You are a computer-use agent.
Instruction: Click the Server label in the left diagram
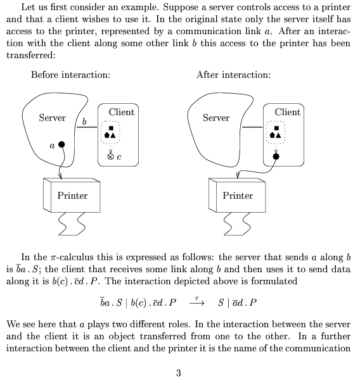tap(52, 118)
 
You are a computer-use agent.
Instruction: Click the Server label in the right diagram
tap(216, 118)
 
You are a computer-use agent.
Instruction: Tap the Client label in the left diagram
tap(122, 112)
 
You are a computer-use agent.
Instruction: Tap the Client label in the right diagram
tap(287, 112)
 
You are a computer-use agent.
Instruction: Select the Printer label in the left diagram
tap(72, 196)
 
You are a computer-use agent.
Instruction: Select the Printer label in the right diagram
tap(238, 196)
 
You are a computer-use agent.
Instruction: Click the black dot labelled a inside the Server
tap(61, 144)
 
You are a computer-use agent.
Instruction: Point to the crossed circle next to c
tap(110, 156)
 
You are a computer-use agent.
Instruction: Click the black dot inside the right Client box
tap(276, 156)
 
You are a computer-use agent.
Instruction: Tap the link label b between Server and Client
tap(84, 122)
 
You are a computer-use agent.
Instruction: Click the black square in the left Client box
tap(111, 128)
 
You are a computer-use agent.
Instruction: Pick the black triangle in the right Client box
tap(278, 135)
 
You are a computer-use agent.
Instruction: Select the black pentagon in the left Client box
tap(107, 135)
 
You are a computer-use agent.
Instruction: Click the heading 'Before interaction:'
tap(71, 75)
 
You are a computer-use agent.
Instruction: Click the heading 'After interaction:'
tap(234, 75)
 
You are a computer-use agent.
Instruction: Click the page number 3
tap(179, 373)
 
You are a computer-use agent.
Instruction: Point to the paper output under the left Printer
tap(72, 223)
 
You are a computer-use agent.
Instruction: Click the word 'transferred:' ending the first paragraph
tap(31, 55)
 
